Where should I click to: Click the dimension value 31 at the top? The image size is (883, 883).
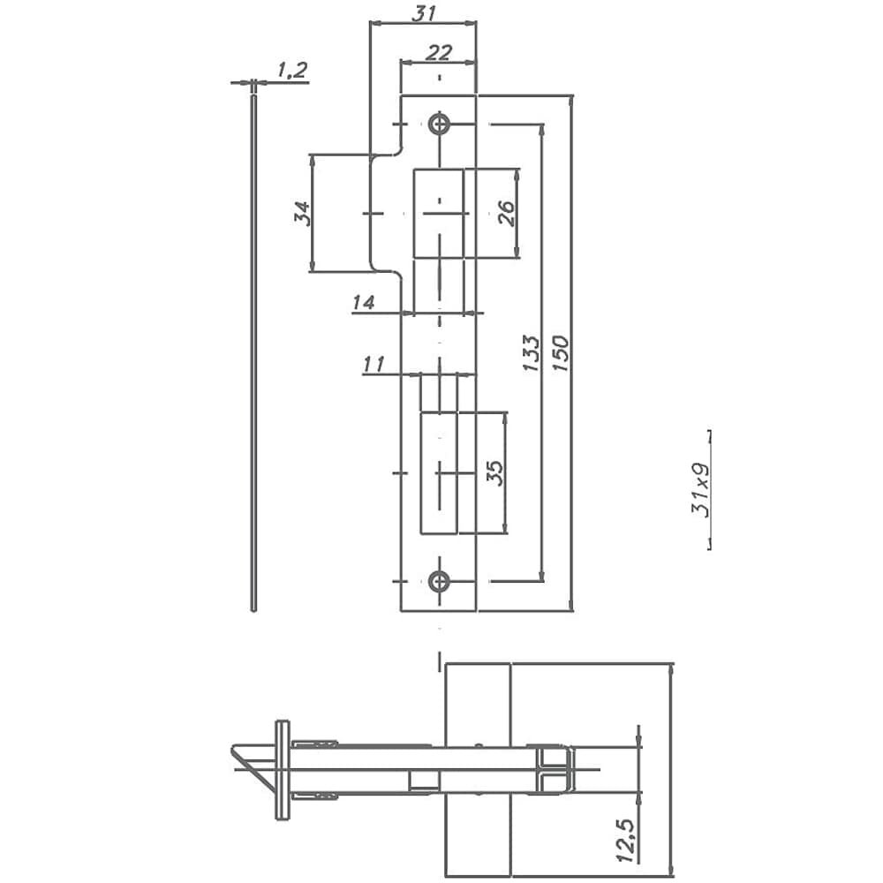tap(424, 13)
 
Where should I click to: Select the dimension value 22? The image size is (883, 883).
tap(439, 52)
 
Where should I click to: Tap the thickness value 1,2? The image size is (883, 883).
tap(291, 70)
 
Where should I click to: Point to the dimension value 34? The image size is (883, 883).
tap(302, 213)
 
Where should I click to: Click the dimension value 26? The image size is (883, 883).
tap(507, 213)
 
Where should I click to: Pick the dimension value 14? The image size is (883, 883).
tap(363, 303)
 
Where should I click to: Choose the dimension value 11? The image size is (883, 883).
tap(374, 365)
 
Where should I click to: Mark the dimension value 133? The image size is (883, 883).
tap(531, 353)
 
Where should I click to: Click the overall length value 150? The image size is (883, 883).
tap(561, 353)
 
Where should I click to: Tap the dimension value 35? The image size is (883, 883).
tap(494, 473)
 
